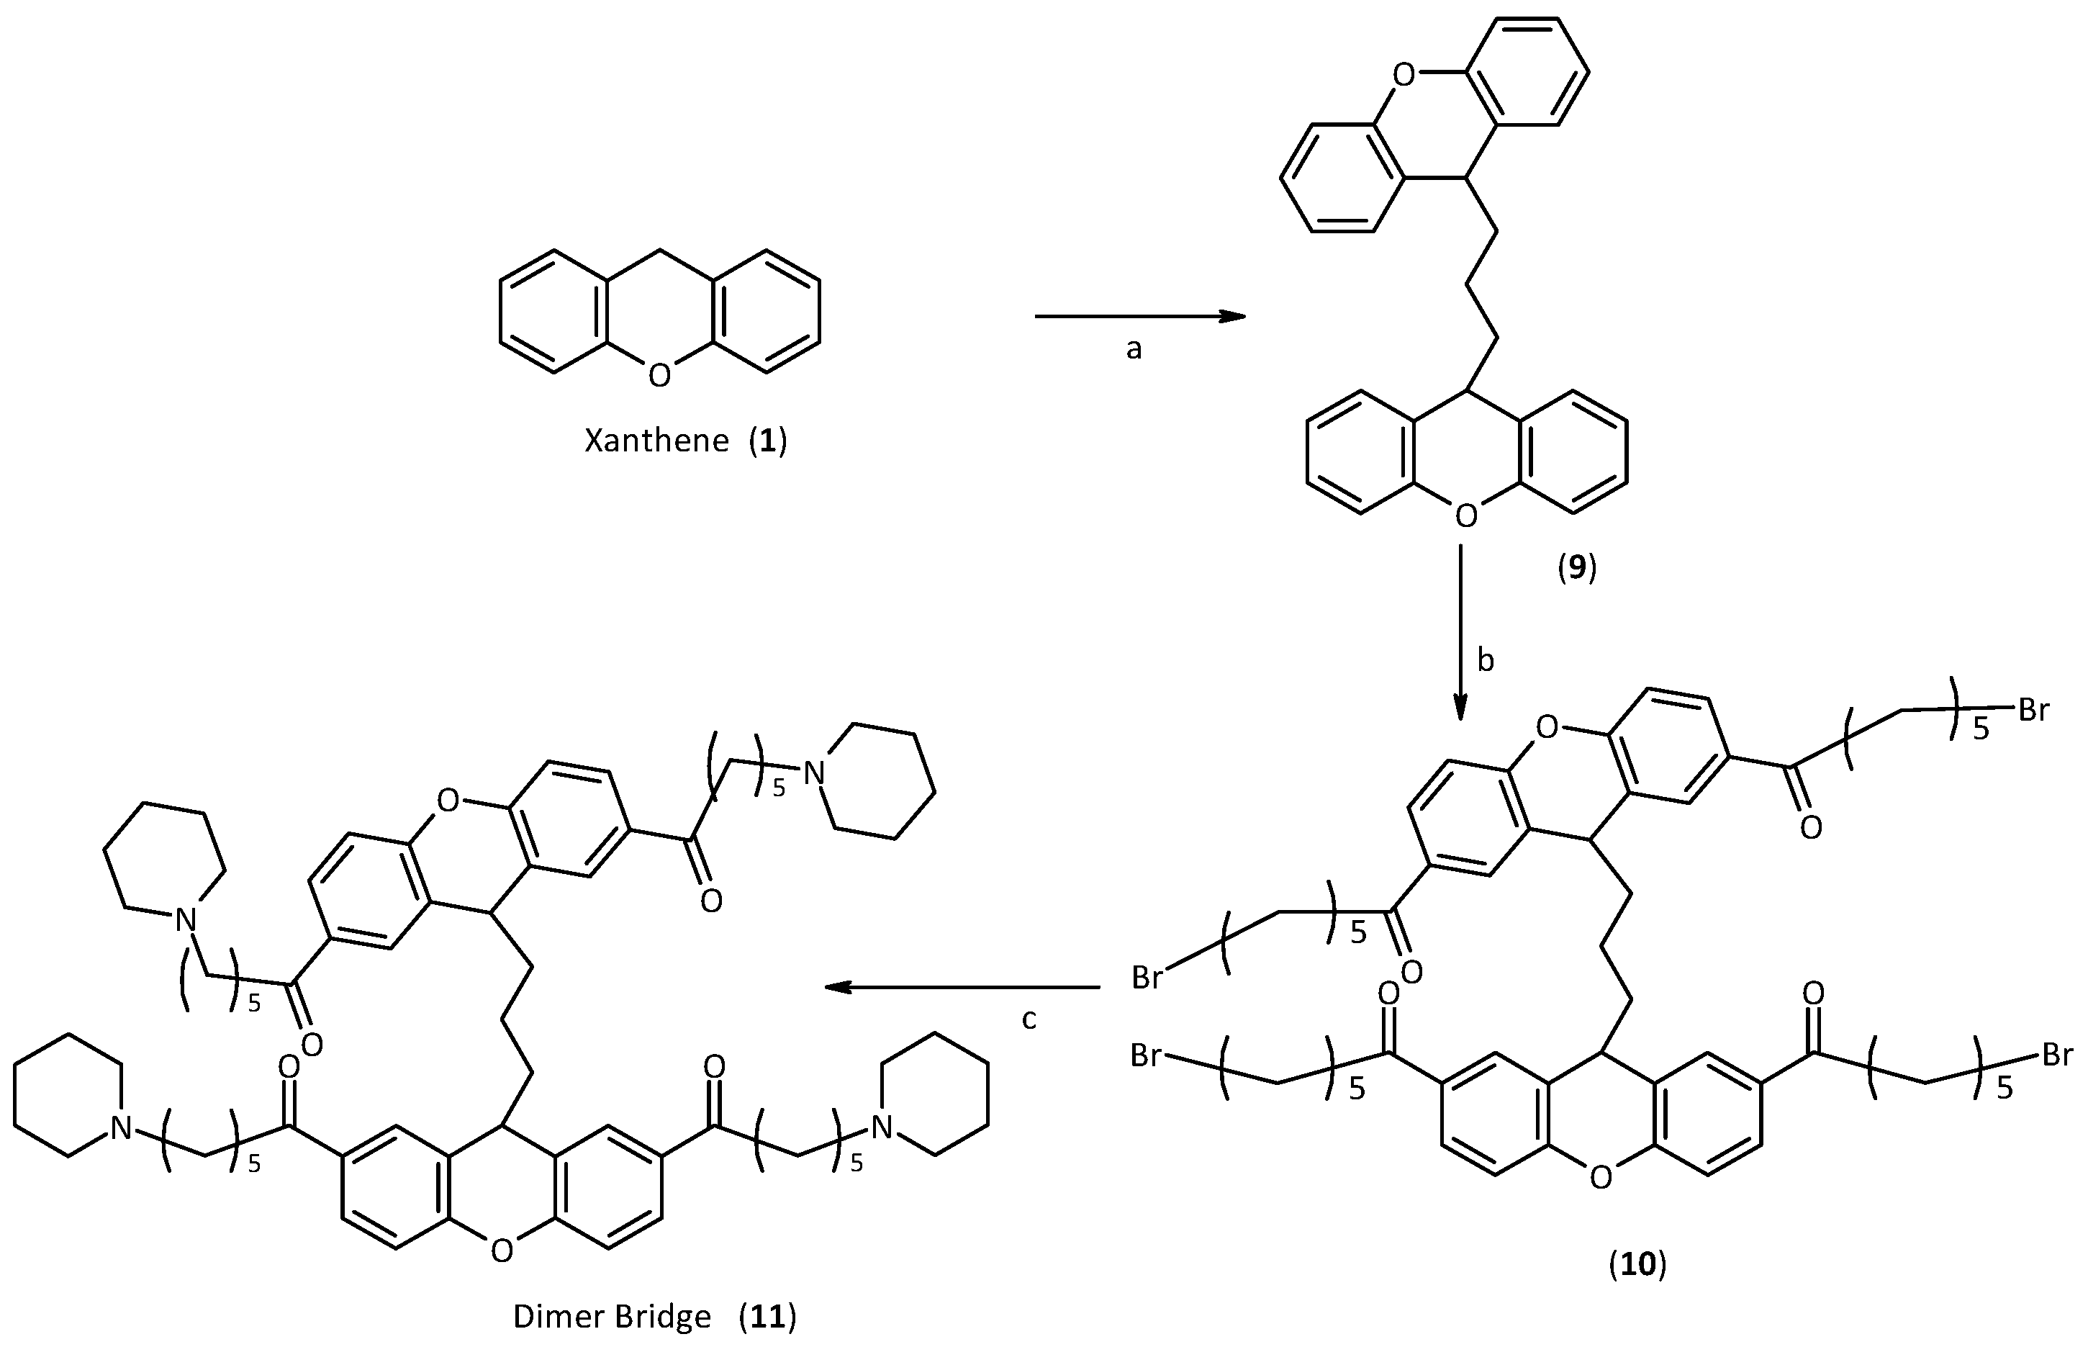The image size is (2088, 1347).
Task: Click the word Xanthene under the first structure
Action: pos(656,440)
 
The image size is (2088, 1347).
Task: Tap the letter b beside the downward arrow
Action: pos(1486,661)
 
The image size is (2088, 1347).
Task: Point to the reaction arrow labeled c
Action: pos(962,988)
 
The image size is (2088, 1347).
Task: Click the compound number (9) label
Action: pos(1576,569)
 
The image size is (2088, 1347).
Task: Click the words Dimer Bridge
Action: pos(611,1316)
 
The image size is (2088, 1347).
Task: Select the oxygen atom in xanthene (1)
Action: pos(659,375)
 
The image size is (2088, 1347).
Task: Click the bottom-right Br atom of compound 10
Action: pos(2056,1055)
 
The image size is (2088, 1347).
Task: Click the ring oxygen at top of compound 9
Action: pos(1403,75)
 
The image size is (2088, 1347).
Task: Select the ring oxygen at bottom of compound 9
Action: pos(1465,516)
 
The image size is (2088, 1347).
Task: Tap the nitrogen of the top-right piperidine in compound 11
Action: pos(814,773)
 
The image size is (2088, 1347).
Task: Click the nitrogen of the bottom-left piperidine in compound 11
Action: pos(121,1128)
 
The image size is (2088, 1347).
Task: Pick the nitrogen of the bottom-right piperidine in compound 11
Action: pos(882,1127)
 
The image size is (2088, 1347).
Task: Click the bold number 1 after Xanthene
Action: pos(768,440)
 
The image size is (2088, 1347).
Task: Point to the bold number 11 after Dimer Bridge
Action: pos(767,1316)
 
